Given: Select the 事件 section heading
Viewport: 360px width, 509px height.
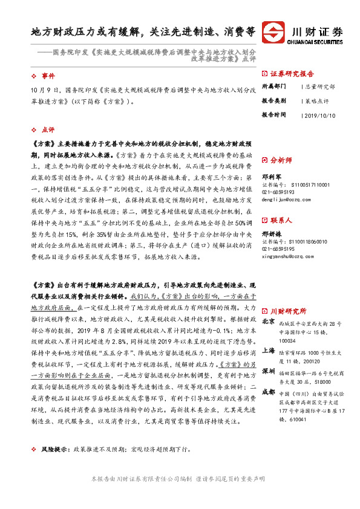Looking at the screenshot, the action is pyautogui.click(x=48, y=76).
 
